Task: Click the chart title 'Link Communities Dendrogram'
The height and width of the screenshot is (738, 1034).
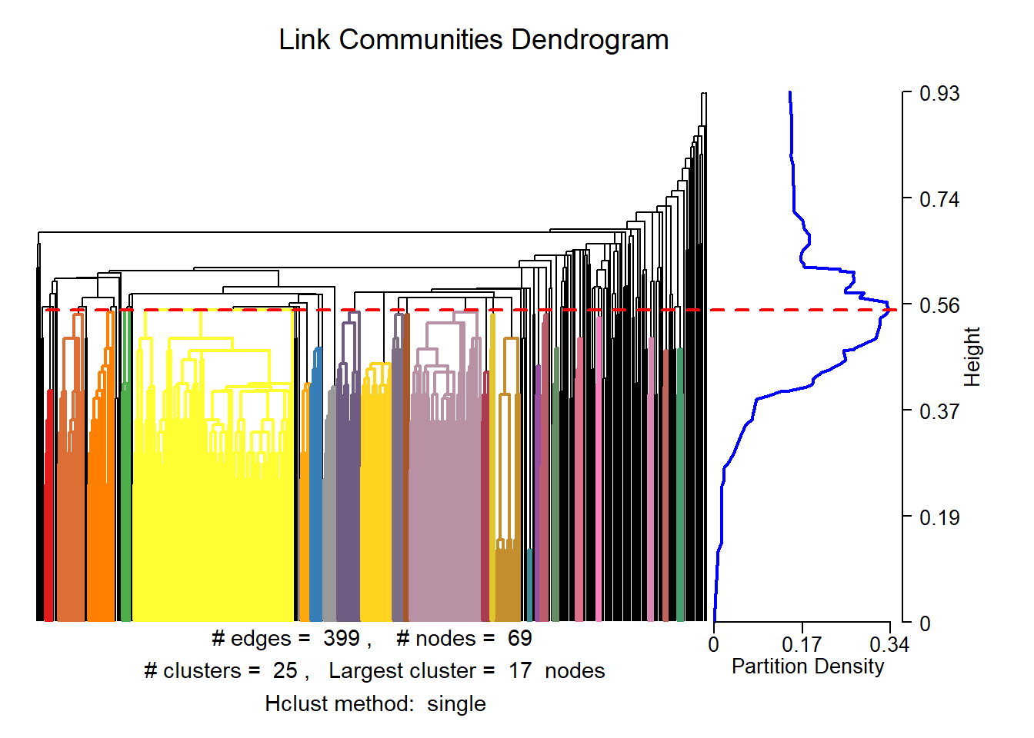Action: tap(473, 40)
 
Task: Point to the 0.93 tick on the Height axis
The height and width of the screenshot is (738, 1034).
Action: tap(939, 94)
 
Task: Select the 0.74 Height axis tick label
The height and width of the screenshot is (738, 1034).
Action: tap(939, 200)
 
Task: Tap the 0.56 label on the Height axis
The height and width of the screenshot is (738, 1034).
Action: tap(939, 306)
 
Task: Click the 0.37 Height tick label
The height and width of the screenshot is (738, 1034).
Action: tap(939, 411)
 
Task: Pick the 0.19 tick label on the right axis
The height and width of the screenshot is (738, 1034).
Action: tap(939, 517)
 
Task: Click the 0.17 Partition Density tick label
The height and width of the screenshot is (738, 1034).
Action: tap(802, 644)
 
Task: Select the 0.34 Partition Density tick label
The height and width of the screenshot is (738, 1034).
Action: tap(889, 644)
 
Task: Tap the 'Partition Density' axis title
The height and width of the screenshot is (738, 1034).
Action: tap(808, 666)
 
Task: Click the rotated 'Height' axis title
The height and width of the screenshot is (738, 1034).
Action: tap(972, 357)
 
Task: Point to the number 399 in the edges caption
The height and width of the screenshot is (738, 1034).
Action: tap(342, 638)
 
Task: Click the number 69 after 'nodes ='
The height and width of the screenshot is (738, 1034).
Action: tap(519, 638)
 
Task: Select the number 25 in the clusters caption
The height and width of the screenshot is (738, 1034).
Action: tap(285, 670)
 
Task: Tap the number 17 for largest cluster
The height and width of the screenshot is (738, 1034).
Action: tap(520, 670)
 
